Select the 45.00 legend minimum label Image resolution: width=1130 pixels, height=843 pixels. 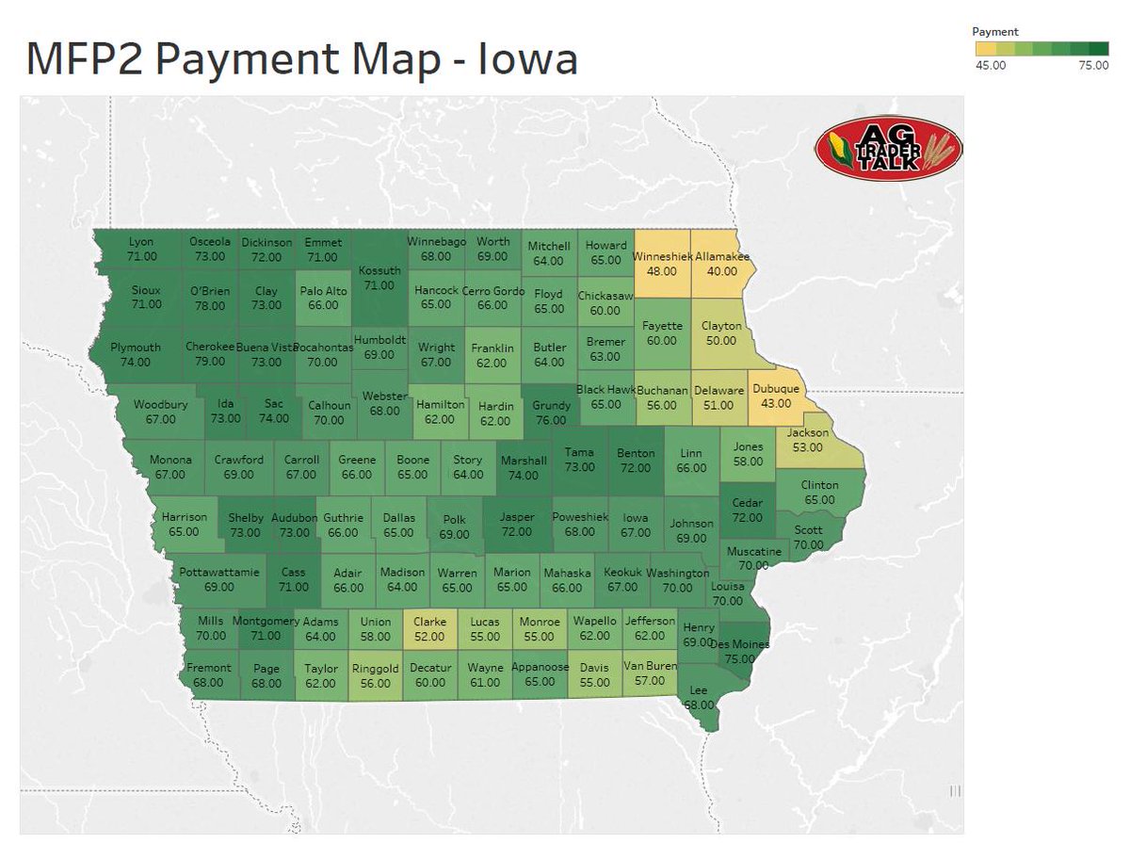[x=991, y=65]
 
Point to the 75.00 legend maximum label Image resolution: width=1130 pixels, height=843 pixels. [x=1092, y=65]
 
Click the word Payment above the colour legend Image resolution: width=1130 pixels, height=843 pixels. [x=994, y=32]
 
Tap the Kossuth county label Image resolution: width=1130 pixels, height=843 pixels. [x=379, y=270]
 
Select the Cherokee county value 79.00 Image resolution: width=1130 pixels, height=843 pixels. [x=209, y=362]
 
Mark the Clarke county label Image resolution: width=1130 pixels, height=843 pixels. [x=429, y=622]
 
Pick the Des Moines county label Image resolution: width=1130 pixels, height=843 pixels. [x=740, y=644]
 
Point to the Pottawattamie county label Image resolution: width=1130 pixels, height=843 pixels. [x=219, y=572]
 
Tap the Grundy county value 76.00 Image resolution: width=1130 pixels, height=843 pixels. [x=551, y=421]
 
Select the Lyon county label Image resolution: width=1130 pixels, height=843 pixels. [x=140, y=242]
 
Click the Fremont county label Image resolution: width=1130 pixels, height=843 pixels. [x=208, y=668]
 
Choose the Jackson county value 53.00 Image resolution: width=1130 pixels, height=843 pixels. [x=807, y=447]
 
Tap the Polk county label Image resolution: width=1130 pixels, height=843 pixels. [x=455, y=519]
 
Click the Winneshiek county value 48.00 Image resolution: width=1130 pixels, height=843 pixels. [x=662, y=271]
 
